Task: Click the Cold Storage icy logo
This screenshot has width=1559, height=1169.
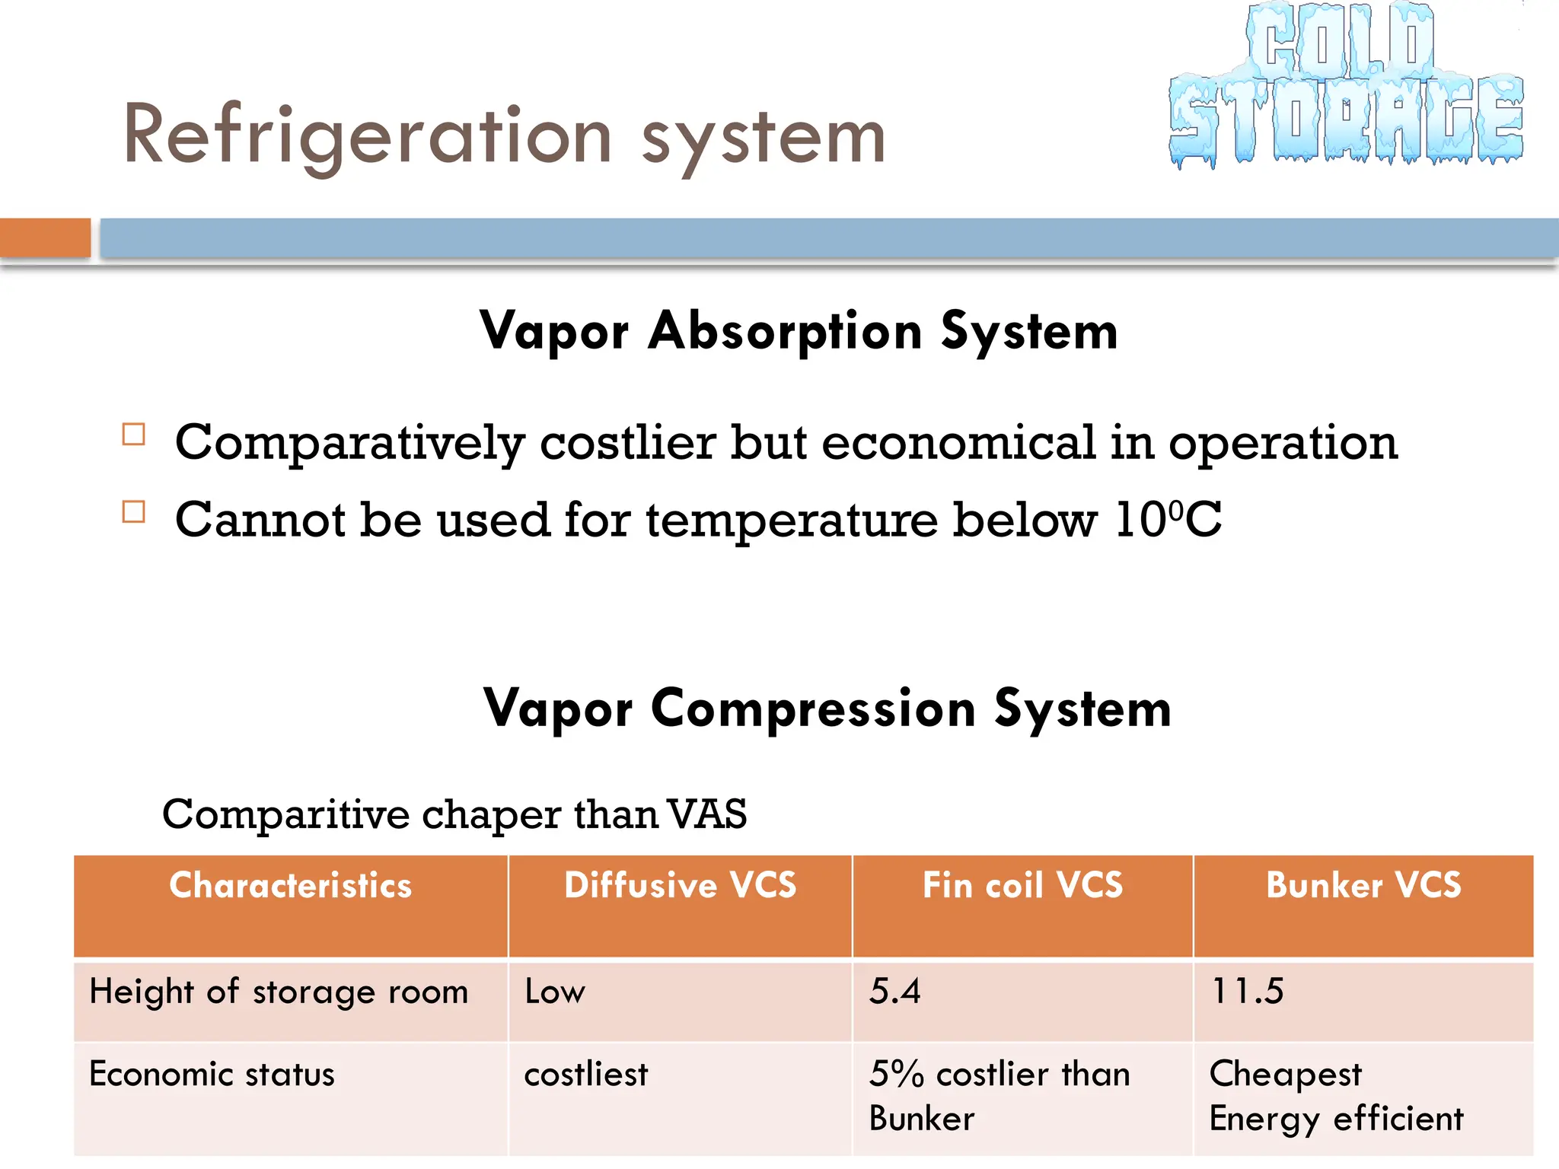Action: pyautogui.click(x=1346, y=85)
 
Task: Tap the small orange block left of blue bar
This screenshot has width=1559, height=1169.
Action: pyautogui.click(x=45, y=237)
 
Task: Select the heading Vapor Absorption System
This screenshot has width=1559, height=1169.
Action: pyautogui.click(x=799, y=332)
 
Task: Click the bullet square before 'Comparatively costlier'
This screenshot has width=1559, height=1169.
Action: pyautogui.click(x=134, y=435)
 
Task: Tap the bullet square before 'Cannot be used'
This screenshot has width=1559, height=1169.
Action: pyautogui.click(x=134, y=511)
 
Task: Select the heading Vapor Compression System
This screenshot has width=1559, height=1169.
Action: pyautogui.click(x=827, y=709)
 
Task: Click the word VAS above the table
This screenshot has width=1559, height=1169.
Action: pyautogui.click(x=707, y=814)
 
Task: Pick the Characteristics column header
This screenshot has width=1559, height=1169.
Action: pyautogui.click(x=291, y=885)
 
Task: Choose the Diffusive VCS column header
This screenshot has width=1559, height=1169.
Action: pyautogui.click(x=680, y=885)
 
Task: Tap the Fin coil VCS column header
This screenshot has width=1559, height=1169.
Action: pyautogui.click(x=1022, y=885)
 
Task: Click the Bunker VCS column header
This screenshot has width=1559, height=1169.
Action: pyautogui.click(x=1363, y=885)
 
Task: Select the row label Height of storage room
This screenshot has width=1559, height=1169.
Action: pyautogui.click(x=279, y=992)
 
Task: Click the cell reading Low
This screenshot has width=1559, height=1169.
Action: pyautogui.click(x=555, y=992)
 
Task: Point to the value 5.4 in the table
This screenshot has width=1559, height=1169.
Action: pyautogui.click(x=894, y=992)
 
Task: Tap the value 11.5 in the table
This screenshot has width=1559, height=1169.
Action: pyautogui.click(x=1247, y=992)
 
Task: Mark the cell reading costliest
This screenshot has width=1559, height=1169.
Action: pyautogui.click(x=585, y=1075)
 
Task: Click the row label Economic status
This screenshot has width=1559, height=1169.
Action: pyautogui.click(x=212, y=1075)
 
